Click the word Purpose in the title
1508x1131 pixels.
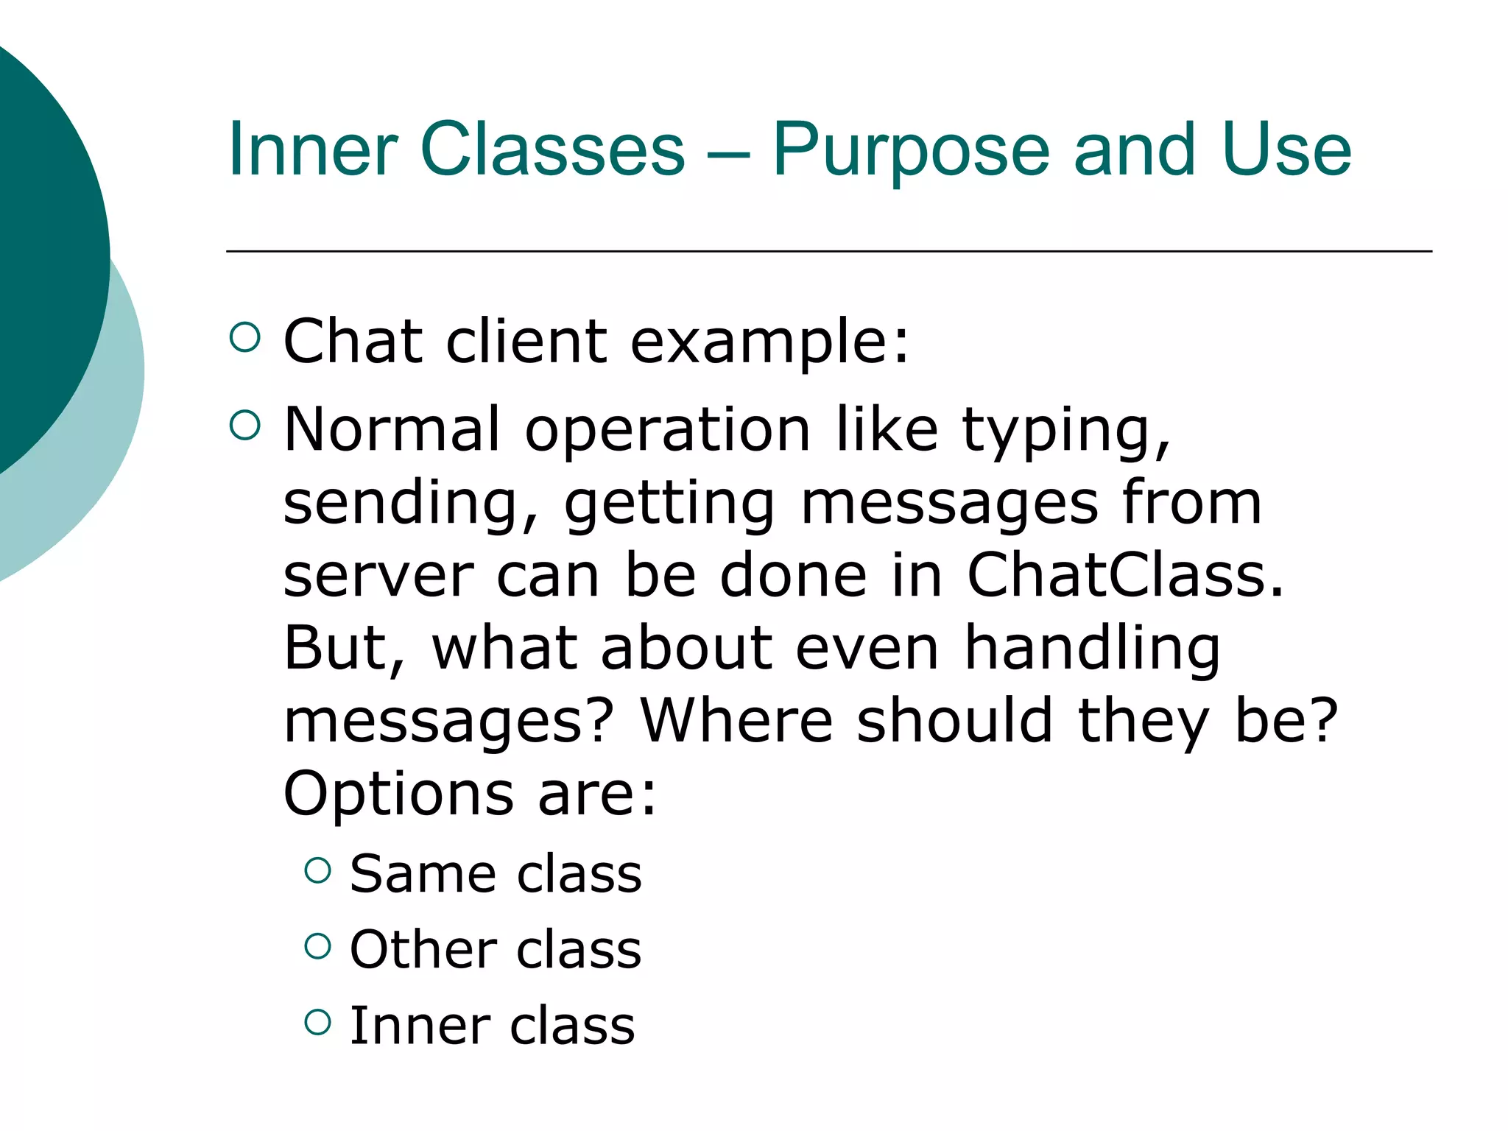coord(910,151)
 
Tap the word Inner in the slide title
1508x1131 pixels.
coord(313,151)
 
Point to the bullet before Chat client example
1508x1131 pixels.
coord(244,337)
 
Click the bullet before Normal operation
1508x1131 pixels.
coord(244,425)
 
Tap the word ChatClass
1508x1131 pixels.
coord(1124,575)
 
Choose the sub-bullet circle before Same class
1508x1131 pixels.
coord(317,870)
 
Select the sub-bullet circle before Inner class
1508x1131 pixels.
coord(317,1021)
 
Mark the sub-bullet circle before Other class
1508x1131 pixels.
coord(317,946)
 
